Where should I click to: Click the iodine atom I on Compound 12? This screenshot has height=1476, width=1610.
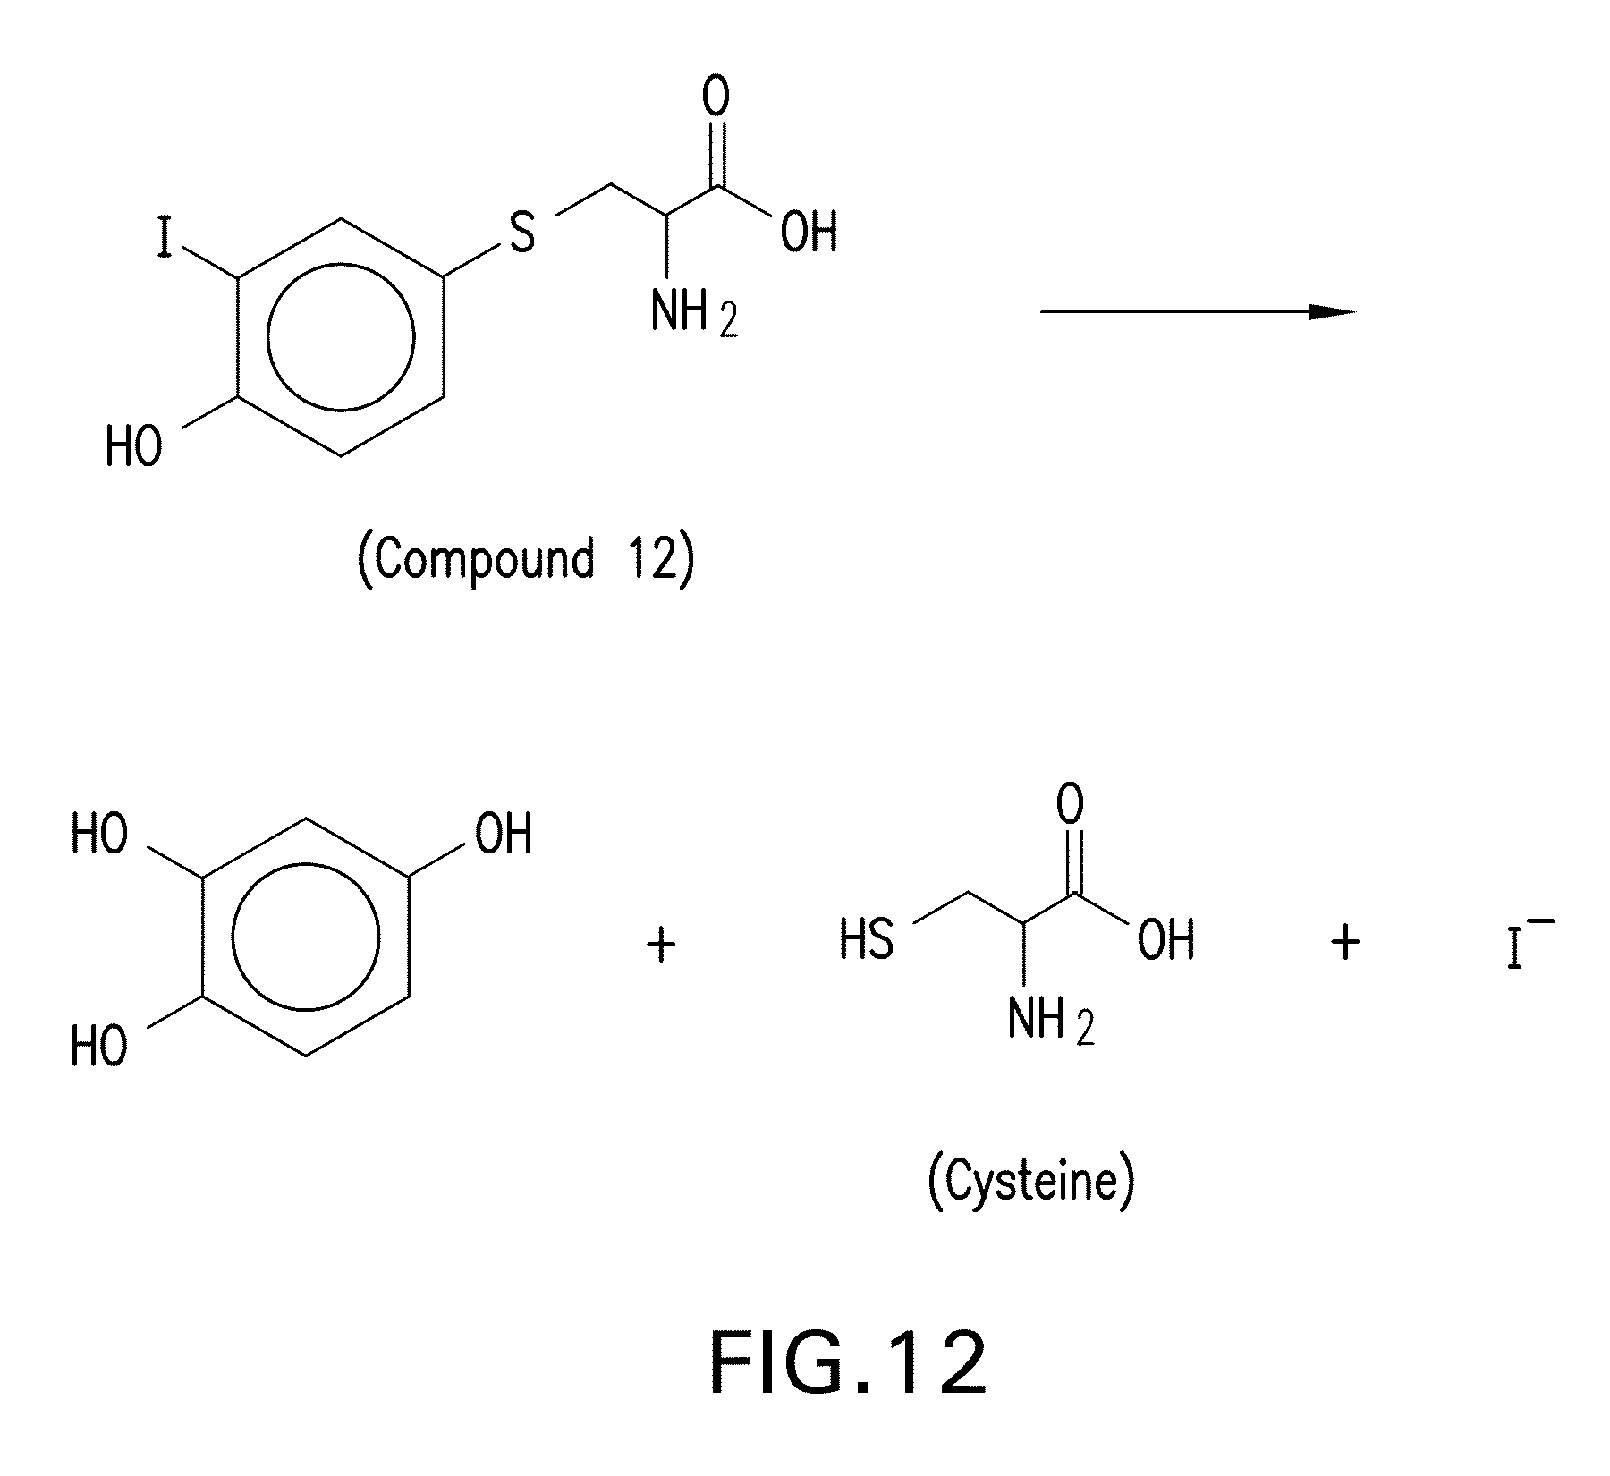coord(164,238)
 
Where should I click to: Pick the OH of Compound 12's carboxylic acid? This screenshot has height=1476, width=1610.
coord(809,233)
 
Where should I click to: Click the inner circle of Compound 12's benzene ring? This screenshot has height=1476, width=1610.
coord(341,336)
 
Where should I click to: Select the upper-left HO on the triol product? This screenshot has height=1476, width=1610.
coord(99,834)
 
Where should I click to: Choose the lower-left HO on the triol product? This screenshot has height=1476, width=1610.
coord(99,1045)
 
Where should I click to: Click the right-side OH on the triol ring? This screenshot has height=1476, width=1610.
coord(504,834)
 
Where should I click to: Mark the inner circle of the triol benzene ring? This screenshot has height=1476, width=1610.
coord(306,936)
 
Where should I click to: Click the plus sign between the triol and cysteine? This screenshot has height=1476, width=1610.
coord(661,945)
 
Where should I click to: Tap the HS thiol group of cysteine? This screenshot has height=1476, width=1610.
coord(867,940)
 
